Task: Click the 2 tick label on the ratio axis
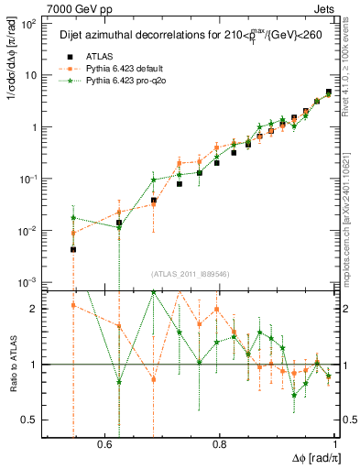(35, 309)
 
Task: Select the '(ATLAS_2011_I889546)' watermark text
(190, 274)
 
